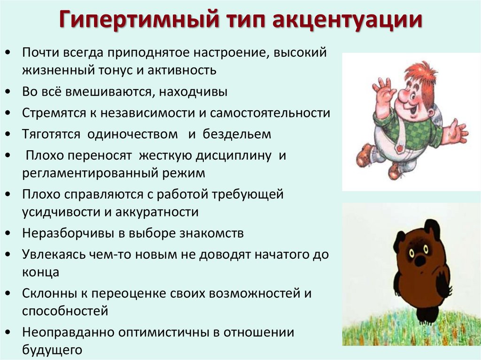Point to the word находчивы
(193, 92)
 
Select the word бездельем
(237, 134)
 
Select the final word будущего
(52, 350)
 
